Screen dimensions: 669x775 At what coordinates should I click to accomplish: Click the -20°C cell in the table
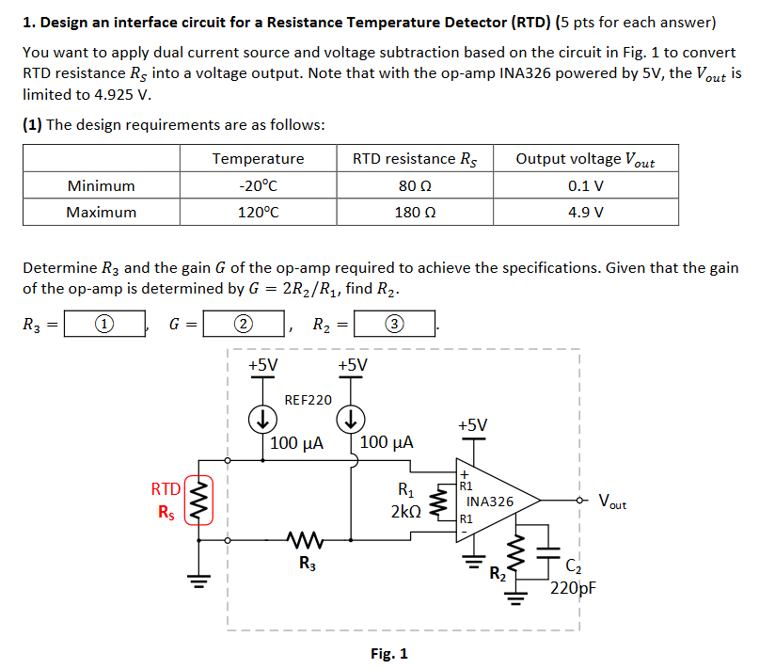(x=259, y=185)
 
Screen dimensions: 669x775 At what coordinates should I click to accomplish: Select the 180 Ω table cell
(x=415, y=212)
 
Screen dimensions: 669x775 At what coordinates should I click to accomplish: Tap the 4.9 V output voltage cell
(x=585, y=212)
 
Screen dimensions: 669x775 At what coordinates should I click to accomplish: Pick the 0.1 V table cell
(x=585, y=185)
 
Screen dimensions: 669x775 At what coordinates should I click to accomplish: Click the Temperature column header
(x=259, y=159)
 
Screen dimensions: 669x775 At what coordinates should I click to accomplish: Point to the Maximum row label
(x=101, y=212)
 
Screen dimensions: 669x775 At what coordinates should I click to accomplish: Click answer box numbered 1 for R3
(x=104, y=325)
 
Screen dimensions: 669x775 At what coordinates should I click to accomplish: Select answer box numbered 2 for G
(x=243, y=325)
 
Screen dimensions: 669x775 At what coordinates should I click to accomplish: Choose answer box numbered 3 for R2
(x=394, y=325)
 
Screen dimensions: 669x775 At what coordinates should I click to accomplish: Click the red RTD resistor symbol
(x=198, y=501)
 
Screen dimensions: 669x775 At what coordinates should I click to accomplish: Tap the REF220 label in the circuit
(x=308, y=400)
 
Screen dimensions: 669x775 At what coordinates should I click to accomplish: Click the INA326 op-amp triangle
(x=494, y=501)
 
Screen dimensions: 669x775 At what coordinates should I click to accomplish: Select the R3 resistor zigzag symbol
(x=307, y=540)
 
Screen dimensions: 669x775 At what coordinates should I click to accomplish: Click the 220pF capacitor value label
(x=574, y=589)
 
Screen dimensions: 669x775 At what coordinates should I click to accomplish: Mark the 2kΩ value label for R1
(x=405, y=512)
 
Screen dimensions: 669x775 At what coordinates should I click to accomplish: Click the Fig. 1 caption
(x=388, y=653)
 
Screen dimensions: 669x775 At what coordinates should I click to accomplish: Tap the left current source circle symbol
(x=264, y=417)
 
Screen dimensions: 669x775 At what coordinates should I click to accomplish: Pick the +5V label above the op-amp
(x=473, y=425)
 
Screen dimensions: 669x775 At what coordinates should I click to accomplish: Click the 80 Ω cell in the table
(x=415, y=185)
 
